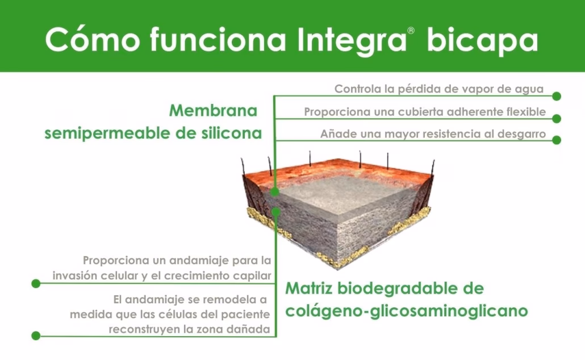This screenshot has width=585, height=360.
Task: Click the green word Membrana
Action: [213, 110]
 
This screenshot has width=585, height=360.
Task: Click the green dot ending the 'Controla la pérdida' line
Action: [557, 97]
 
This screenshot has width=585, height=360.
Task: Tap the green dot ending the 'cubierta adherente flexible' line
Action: [557, 119]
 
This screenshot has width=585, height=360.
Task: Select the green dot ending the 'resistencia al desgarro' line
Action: [557, 140]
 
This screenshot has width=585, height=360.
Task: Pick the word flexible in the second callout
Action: [525, 112]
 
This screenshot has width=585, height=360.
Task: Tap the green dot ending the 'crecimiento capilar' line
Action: [36, 283]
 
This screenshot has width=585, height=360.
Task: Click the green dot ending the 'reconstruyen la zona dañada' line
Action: [36, 336]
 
